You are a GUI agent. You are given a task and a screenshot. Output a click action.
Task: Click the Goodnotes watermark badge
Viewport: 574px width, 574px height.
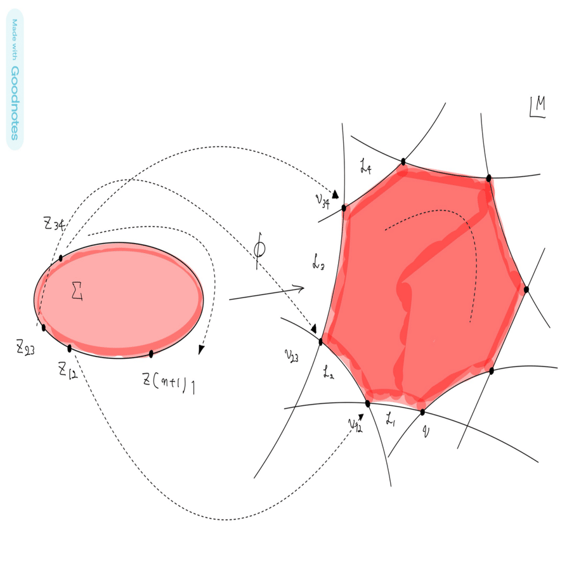[x=15, y=79]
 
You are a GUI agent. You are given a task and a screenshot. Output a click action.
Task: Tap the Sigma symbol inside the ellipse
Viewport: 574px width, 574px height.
[x=78, y=291]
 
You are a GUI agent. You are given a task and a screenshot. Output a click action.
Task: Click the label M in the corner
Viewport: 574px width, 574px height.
[x=537, y=108]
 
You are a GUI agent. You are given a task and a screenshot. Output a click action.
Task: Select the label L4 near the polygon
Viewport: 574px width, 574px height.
[x=365, y=168]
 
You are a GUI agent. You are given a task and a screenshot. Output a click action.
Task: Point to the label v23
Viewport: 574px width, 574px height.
[x=292, y=356]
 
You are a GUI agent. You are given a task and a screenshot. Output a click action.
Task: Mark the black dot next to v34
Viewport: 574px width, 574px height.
[x=344, y=208]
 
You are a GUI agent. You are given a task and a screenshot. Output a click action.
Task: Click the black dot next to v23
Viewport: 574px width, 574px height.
[x=320, y=342]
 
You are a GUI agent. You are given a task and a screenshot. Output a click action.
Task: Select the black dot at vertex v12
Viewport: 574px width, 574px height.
[x=368, y=403]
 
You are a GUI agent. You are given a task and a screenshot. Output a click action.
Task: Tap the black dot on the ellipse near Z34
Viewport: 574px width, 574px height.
[x=61, y=258]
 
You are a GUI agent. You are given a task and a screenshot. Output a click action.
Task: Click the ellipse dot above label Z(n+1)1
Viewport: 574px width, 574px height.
[x=151, y=353]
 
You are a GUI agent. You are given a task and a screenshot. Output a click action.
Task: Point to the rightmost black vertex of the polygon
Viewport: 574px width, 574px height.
[x=526, y=289]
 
